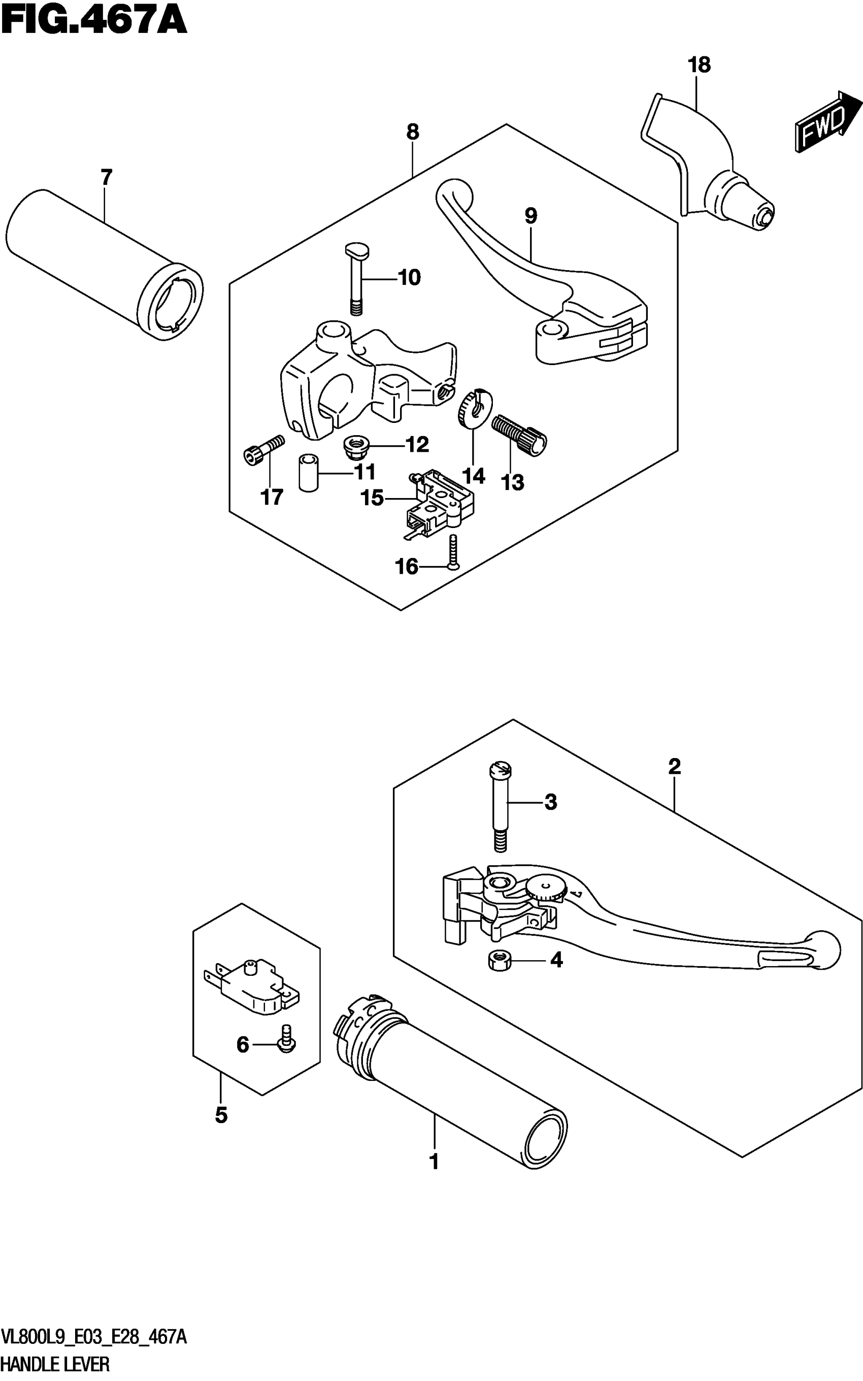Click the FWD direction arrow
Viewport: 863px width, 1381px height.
[x=827, y=121]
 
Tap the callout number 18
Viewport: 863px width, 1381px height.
[x=699, y=65]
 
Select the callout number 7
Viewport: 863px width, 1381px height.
[x=106, y=178]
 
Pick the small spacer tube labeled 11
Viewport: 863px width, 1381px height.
[x=309, y=473]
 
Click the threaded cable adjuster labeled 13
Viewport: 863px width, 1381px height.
[x=519, y=434]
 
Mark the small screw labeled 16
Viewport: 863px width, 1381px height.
[x=453, y=552]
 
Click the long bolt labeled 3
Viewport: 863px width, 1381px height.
[x=500, y=806]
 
